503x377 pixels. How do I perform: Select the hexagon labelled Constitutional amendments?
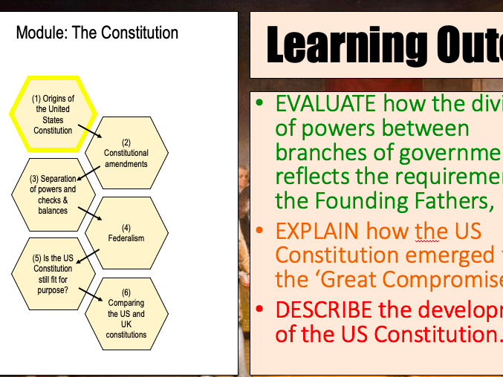coord(126,153)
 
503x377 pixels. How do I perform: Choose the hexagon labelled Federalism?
coord(126,233)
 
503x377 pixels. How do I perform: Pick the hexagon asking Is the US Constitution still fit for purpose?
coord(53,273)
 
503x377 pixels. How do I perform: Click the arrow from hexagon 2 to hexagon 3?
coord(88,173)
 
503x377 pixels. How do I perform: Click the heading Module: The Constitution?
coord(97,33)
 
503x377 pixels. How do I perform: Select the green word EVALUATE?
coord(325,103)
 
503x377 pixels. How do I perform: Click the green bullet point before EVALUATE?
coord(259,103)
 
